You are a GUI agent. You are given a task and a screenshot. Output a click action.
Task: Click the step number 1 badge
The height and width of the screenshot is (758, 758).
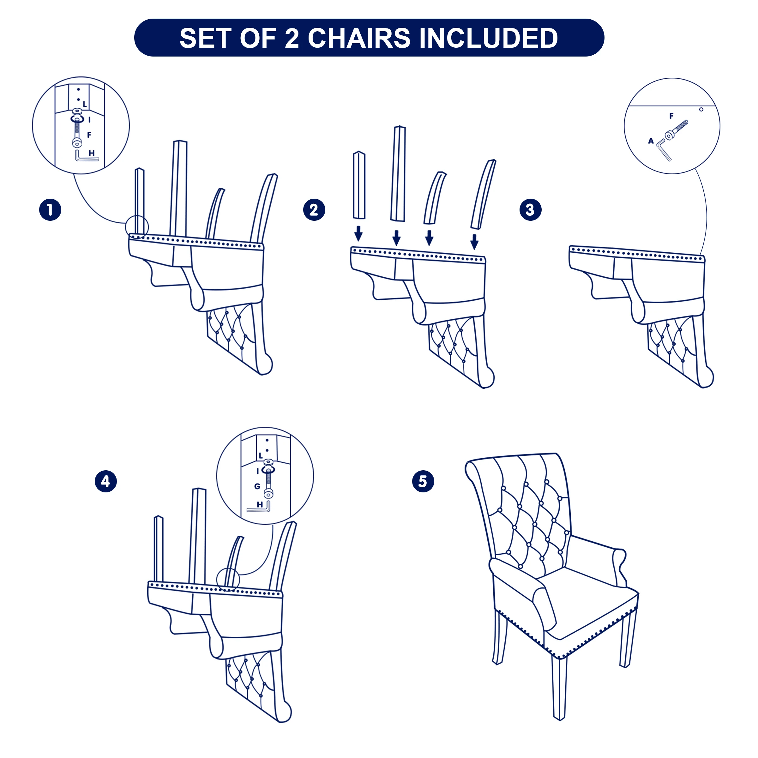50,210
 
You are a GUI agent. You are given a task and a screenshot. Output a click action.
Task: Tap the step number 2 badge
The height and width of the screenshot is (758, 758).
314,210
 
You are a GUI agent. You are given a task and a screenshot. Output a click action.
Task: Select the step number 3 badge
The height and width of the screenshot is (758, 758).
531,210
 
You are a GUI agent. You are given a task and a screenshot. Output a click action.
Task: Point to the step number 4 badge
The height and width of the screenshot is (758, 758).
106,481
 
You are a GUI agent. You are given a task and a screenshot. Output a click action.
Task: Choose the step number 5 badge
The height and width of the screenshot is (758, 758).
423,481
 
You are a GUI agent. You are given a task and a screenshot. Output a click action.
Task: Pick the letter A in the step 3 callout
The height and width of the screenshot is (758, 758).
651,141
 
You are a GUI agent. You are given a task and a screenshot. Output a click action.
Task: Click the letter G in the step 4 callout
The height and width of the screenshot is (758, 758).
257,486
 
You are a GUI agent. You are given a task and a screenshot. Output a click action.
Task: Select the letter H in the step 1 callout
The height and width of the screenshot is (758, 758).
91,153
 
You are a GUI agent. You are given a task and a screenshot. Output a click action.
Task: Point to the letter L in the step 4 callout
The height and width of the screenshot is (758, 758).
261,455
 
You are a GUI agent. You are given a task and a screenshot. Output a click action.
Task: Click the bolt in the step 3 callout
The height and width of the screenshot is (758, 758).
677,130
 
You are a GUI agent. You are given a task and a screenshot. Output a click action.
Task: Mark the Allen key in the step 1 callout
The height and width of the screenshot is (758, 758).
86,156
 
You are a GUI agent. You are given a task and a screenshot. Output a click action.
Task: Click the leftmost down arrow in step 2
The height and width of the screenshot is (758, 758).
358,233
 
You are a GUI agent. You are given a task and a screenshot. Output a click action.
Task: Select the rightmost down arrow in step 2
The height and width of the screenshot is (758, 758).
474,242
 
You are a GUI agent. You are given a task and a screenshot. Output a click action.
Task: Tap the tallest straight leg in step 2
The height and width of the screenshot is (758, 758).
398,174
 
